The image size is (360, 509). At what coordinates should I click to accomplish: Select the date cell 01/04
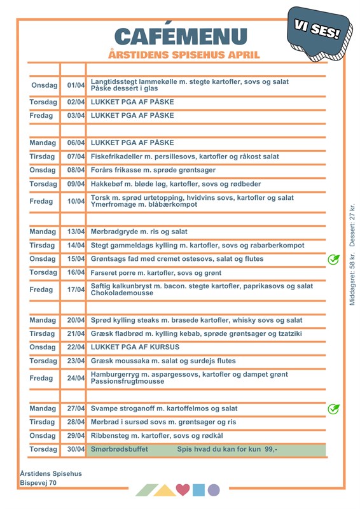[x=76, y=85]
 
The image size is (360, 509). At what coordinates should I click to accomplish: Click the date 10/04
[x=76, y=201]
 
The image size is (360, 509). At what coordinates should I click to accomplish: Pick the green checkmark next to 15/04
[x=333, y=260]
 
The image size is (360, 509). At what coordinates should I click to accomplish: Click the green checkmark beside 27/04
[x=333, y=409]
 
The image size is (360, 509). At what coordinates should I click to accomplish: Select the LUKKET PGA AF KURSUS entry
[x=135, y=347]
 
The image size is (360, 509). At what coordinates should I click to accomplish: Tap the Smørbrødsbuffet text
[x=120, y=449]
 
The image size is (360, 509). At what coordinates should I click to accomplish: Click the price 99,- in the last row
[x=270, y=449]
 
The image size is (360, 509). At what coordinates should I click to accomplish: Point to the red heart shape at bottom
[x=183, y=490]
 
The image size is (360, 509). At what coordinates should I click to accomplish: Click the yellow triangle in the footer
[x=165, y=491]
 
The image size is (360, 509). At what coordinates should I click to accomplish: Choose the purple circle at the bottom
[x=214, y=490]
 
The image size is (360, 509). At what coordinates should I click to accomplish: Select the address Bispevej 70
[x=38, y=484]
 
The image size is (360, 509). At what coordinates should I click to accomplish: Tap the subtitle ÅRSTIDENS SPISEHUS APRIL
[x=184, y=55]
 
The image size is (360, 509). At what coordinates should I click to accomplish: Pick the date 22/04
[x=76, y=347]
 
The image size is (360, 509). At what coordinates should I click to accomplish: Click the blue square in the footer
[x=198, y=490]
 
